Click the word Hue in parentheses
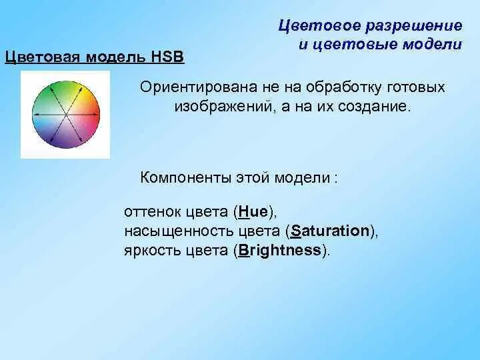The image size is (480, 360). click(x=253, y=211)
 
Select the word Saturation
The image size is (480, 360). click(x=330, y=231)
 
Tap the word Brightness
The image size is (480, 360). click(x=279, y=251)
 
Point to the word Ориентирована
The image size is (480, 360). click(x=199, y=87)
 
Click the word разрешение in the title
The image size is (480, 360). click(x=414, y=26)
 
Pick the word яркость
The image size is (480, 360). click(x=153, y=251)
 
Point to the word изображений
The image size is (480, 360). click(x=223, y=107)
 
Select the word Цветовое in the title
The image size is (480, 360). click(x=319, y=26)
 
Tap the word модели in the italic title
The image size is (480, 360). click(x=432, y=45)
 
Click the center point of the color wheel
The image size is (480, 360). click(x=66, y=115)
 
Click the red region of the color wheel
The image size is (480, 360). click(x=92, y=114)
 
